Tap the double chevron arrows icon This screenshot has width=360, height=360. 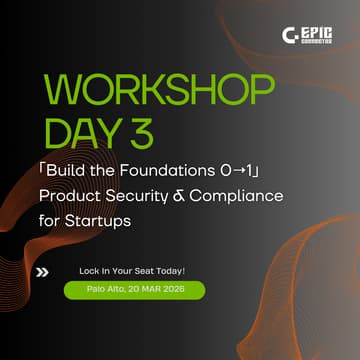tap(42, 270)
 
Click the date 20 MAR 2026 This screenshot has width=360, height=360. tap(150, 289)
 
